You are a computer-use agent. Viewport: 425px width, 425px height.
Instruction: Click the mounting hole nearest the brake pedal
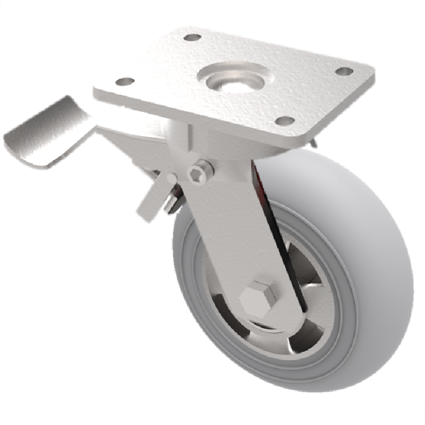(x=125, y=82)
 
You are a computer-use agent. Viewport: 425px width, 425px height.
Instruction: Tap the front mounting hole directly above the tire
(x=285, y=121)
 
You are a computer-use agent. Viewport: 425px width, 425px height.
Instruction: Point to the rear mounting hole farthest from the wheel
(x=192, y=38)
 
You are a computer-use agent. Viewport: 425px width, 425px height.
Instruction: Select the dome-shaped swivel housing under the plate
(x=175, y=138)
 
